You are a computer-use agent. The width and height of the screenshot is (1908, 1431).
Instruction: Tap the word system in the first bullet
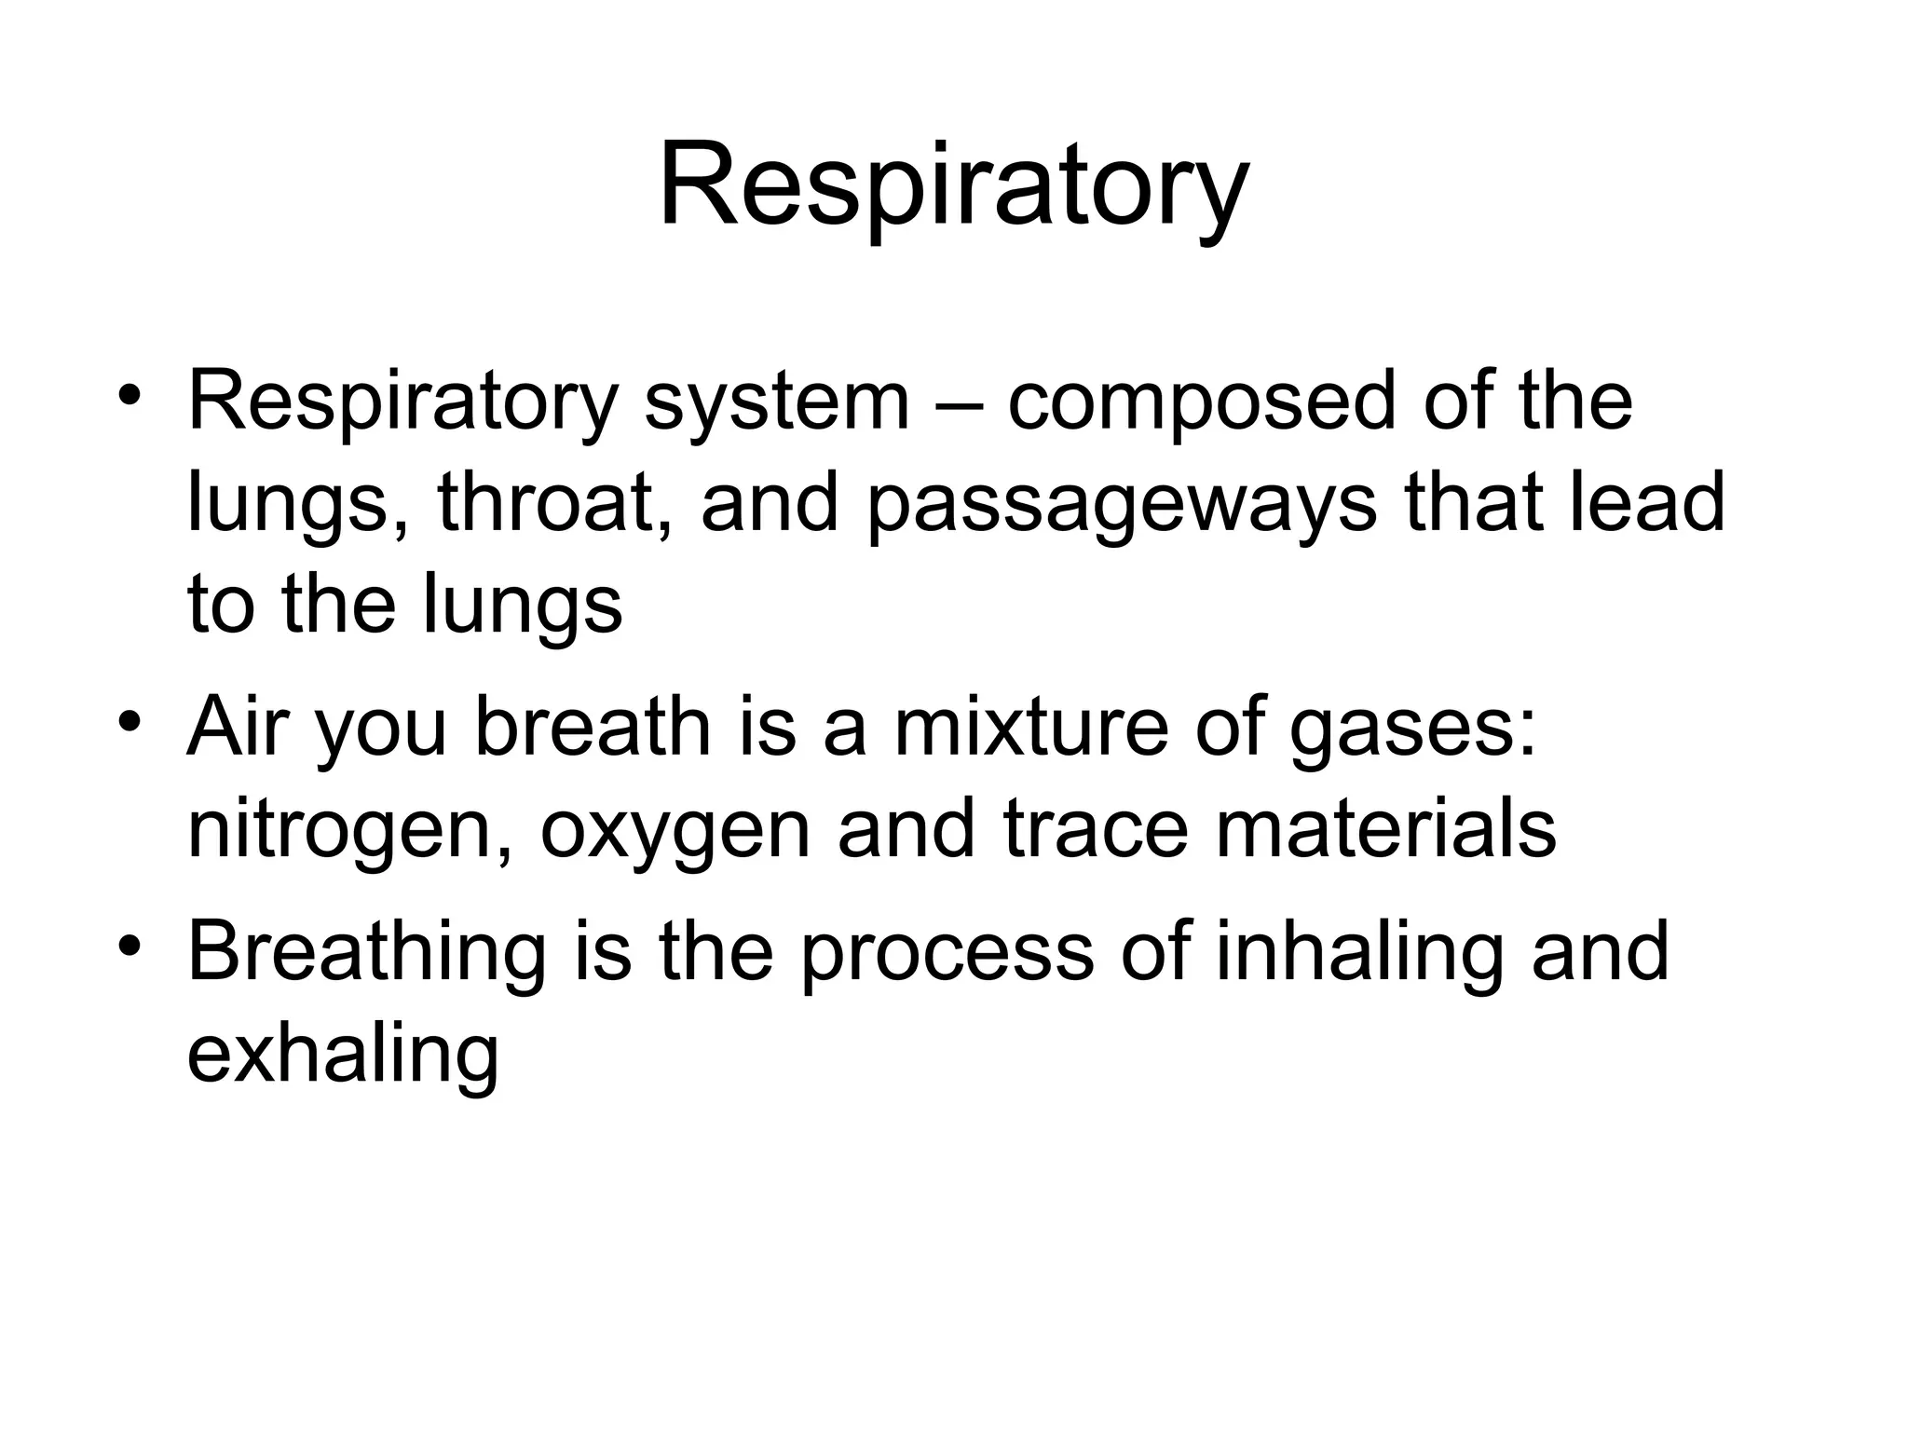(x=776, y=402)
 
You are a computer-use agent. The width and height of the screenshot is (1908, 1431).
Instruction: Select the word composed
(x=1202, y=402)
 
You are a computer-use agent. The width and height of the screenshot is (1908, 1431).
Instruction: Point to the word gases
(x=1411, y=731)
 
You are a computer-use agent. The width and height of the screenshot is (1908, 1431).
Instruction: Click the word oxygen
(x=675, y=832)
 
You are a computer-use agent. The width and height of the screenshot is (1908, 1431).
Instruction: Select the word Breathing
(x=366, y=955)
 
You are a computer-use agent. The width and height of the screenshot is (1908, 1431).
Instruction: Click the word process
(x=946, y=955)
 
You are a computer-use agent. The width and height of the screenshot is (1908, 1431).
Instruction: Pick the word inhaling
(x=1359, y=955)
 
